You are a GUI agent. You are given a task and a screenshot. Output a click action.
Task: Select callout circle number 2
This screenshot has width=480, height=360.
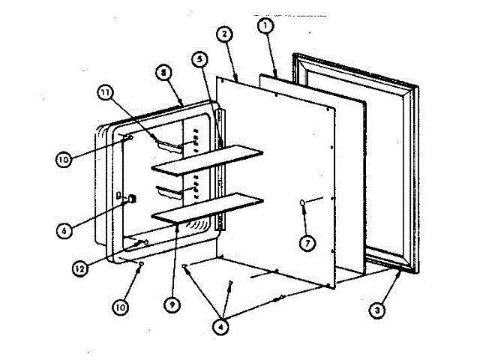(x=223, y=34)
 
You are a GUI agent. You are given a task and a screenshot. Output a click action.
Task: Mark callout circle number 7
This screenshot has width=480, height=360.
(x=305, y=241)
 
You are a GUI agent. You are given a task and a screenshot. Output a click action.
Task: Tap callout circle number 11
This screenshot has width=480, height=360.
(x=106, y=93)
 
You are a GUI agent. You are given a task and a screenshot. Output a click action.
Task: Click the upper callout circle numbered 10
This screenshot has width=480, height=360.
(x=64, y=159)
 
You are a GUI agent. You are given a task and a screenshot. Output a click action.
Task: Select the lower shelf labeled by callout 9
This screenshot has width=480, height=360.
(x=208, y=206)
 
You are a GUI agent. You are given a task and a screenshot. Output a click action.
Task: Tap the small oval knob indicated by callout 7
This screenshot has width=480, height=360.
(x=302, y=202)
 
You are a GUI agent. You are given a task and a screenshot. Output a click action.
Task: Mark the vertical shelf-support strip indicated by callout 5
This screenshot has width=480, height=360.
(x=220, y=172)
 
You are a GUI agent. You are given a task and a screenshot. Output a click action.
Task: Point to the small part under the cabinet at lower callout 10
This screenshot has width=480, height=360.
(x=141, y=265)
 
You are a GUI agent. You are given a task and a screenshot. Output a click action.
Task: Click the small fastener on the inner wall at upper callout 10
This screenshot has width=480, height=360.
(x=130, y=137)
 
